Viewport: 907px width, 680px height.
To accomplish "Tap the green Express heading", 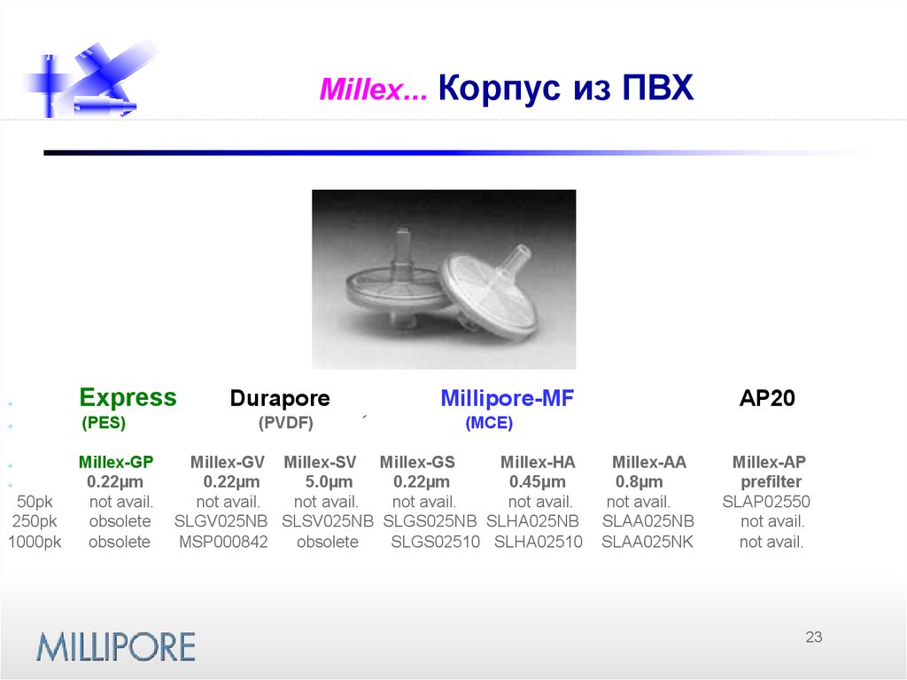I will (128, 397).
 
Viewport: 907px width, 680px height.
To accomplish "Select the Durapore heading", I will (280, 399).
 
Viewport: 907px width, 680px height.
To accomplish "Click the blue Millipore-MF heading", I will (507, 399).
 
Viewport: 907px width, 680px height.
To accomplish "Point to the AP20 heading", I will (767, 399).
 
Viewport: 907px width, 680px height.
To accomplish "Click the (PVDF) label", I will (286, 424).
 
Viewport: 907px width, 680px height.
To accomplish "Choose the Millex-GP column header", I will (116, 462).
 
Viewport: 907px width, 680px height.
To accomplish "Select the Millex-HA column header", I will (538, 462).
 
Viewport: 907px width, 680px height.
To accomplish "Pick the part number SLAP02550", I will (766, 502).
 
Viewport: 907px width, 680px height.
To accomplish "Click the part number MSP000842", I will (223, 542).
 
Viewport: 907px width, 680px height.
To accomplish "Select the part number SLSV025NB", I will (328, 521).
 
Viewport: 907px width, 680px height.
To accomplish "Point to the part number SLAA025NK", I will (647, 542).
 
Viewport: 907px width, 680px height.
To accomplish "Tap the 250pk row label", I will (35, 521).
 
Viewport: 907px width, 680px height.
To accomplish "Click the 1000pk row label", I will (35, 542).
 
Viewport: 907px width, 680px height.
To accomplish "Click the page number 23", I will (814, 637).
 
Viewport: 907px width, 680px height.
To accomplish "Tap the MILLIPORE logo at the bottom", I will (115, 646).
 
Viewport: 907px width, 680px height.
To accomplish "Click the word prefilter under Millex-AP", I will (771, 482).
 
